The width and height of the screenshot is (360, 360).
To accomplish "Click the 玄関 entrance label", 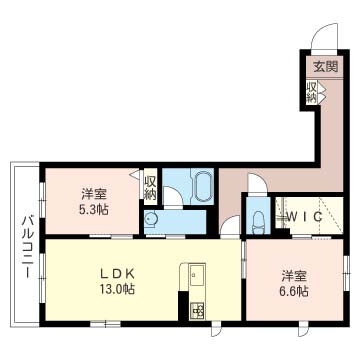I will pyautogui.click(x=325, y=67).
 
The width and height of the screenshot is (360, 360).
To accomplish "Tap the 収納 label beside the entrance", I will pyautogui.click(x=312, y=91).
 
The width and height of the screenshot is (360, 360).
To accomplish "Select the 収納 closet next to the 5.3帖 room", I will pyautogui.click(x=150, y=187).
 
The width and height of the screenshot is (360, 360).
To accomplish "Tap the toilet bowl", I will pyautogui.click(x=258, y=221).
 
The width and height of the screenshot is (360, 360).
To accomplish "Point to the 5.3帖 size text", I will pyautogui.click(x=94, y=211).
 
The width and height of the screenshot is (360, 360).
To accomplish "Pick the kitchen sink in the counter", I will pyautogui.click(x=193, y=273).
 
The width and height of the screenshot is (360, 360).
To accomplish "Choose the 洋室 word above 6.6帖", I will pyautogui.click(x=293, y=274).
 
